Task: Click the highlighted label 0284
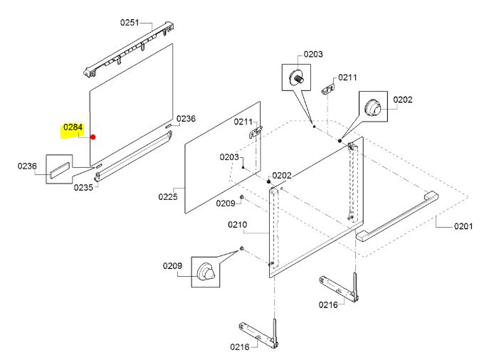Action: (x=73, y=128)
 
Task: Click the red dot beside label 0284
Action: (x=93, y=138)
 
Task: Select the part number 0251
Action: (x=129, y=23)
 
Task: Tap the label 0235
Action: (x=83, y=188)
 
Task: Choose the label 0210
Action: (x=237, y=226)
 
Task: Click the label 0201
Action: (x=463, y=227)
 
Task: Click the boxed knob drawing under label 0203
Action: (x=297, y=78)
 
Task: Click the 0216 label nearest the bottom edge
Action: (x=239, y=347)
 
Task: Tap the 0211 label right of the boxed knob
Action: (x=347, y=77)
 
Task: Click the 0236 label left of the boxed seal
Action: (x=27, y=166)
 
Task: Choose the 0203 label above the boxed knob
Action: (x=313, y=54)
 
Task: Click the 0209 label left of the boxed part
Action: (x=172, y=266)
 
